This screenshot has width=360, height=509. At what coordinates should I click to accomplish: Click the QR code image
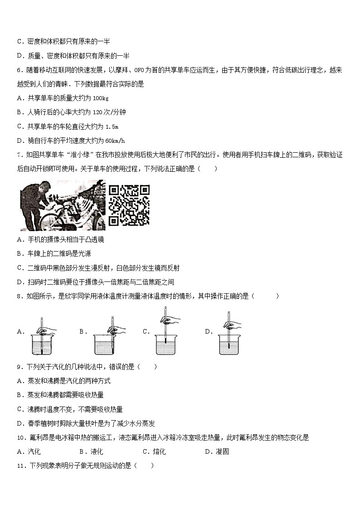(129, 205)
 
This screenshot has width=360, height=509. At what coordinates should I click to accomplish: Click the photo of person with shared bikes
(63, 205)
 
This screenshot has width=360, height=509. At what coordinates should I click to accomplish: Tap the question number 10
(20, 437)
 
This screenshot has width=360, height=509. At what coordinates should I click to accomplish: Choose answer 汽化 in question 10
(34, 451)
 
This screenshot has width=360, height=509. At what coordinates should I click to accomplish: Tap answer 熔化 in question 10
(159, 451)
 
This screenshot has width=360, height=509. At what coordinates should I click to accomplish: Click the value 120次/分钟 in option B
(107, 112)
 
